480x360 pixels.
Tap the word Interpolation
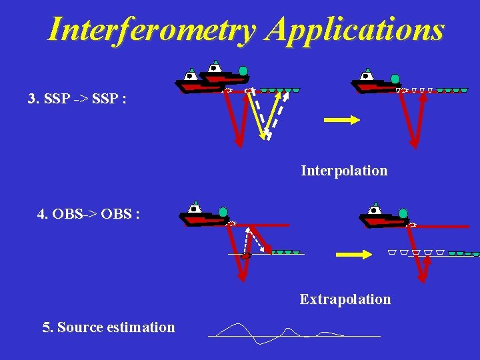click(x=343, y=171)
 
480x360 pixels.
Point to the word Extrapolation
click(x=345, y=299)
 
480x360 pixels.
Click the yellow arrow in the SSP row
click(x=341, y=120)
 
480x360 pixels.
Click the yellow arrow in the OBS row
click(x=353, y=254)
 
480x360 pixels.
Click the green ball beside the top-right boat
click(x=395, y=79)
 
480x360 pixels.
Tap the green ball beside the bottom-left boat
click(x=223, y=212)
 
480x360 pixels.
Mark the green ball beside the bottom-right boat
click(x=403, y=213)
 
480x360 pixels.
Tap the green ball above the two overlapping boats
click(x=243, y=71)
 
